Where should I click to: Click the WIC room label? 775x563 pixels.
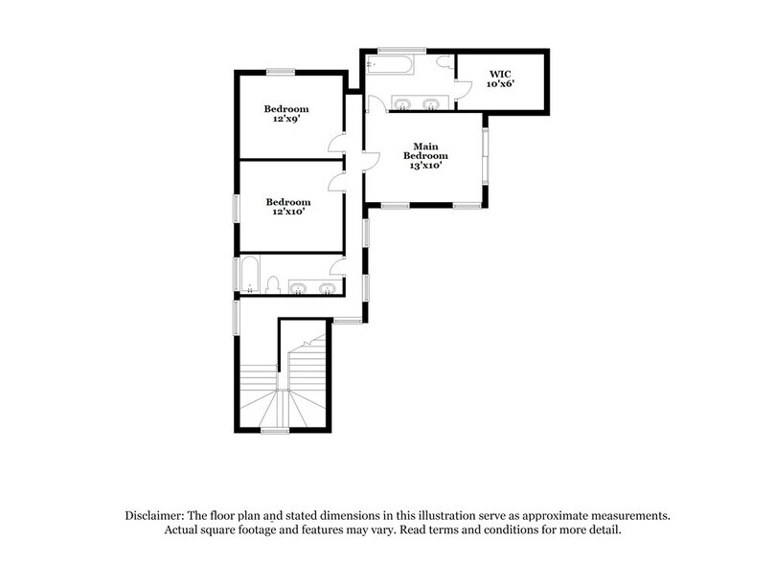(500, 73)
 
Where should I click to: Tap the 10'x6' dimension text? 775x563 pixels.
(500, 84)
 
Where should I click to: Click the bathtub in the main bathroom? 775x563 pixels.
(390, 66)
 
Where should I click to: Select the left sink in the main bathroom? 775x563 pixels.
(403, 103)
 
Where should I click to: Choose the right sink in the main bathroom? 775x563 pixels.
(431, 103)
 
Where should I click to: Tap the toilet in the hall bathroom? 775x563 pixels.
(273, 284)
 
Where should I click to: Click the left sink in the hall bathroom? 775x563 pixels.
(299, 287)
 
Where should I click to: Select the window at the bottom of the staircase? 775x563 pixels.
(275, 432)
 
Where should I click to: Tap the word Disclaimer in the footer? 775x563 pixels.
(159, 514)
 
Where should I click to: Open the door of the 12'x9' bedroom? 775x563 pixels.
(335, 145)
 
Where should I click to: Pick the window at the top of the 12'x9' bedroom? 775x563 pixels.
(280, 72)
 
